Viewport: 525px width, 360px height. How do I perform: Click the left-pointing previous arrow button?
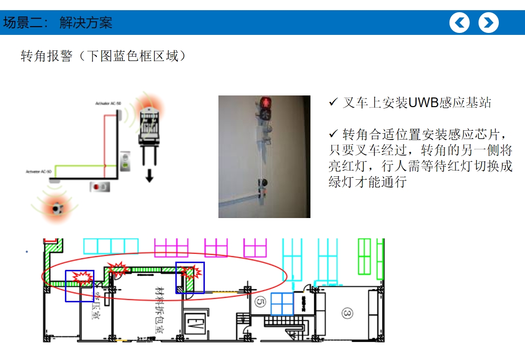[x=459, y=23]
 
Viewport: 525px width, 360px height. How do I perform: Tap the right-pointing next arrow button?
[x=489, y=23]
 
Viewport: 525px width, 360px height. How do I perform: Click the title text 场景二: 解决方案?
[x=58, y=23]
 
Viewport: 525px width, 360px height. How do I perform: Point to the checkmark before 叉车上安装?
[x=333, y=102]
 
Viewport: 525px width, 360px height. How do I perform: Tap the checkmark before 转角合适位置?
[x=333, y=133]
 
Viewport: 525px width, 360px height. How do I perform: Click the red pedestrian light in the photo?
[x=265, y=103]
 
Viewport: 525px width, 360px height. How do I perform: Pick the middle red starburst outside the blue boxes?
[x=117, y=268]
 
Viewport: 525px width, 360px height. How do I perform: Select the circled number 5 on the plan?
[x=260, y=302]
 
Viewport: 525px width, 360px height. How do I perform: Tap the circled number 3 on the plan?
[x=347, y=313]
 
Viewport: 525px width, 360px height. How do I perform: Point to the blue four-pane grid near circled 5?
[x=282, y=304]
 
